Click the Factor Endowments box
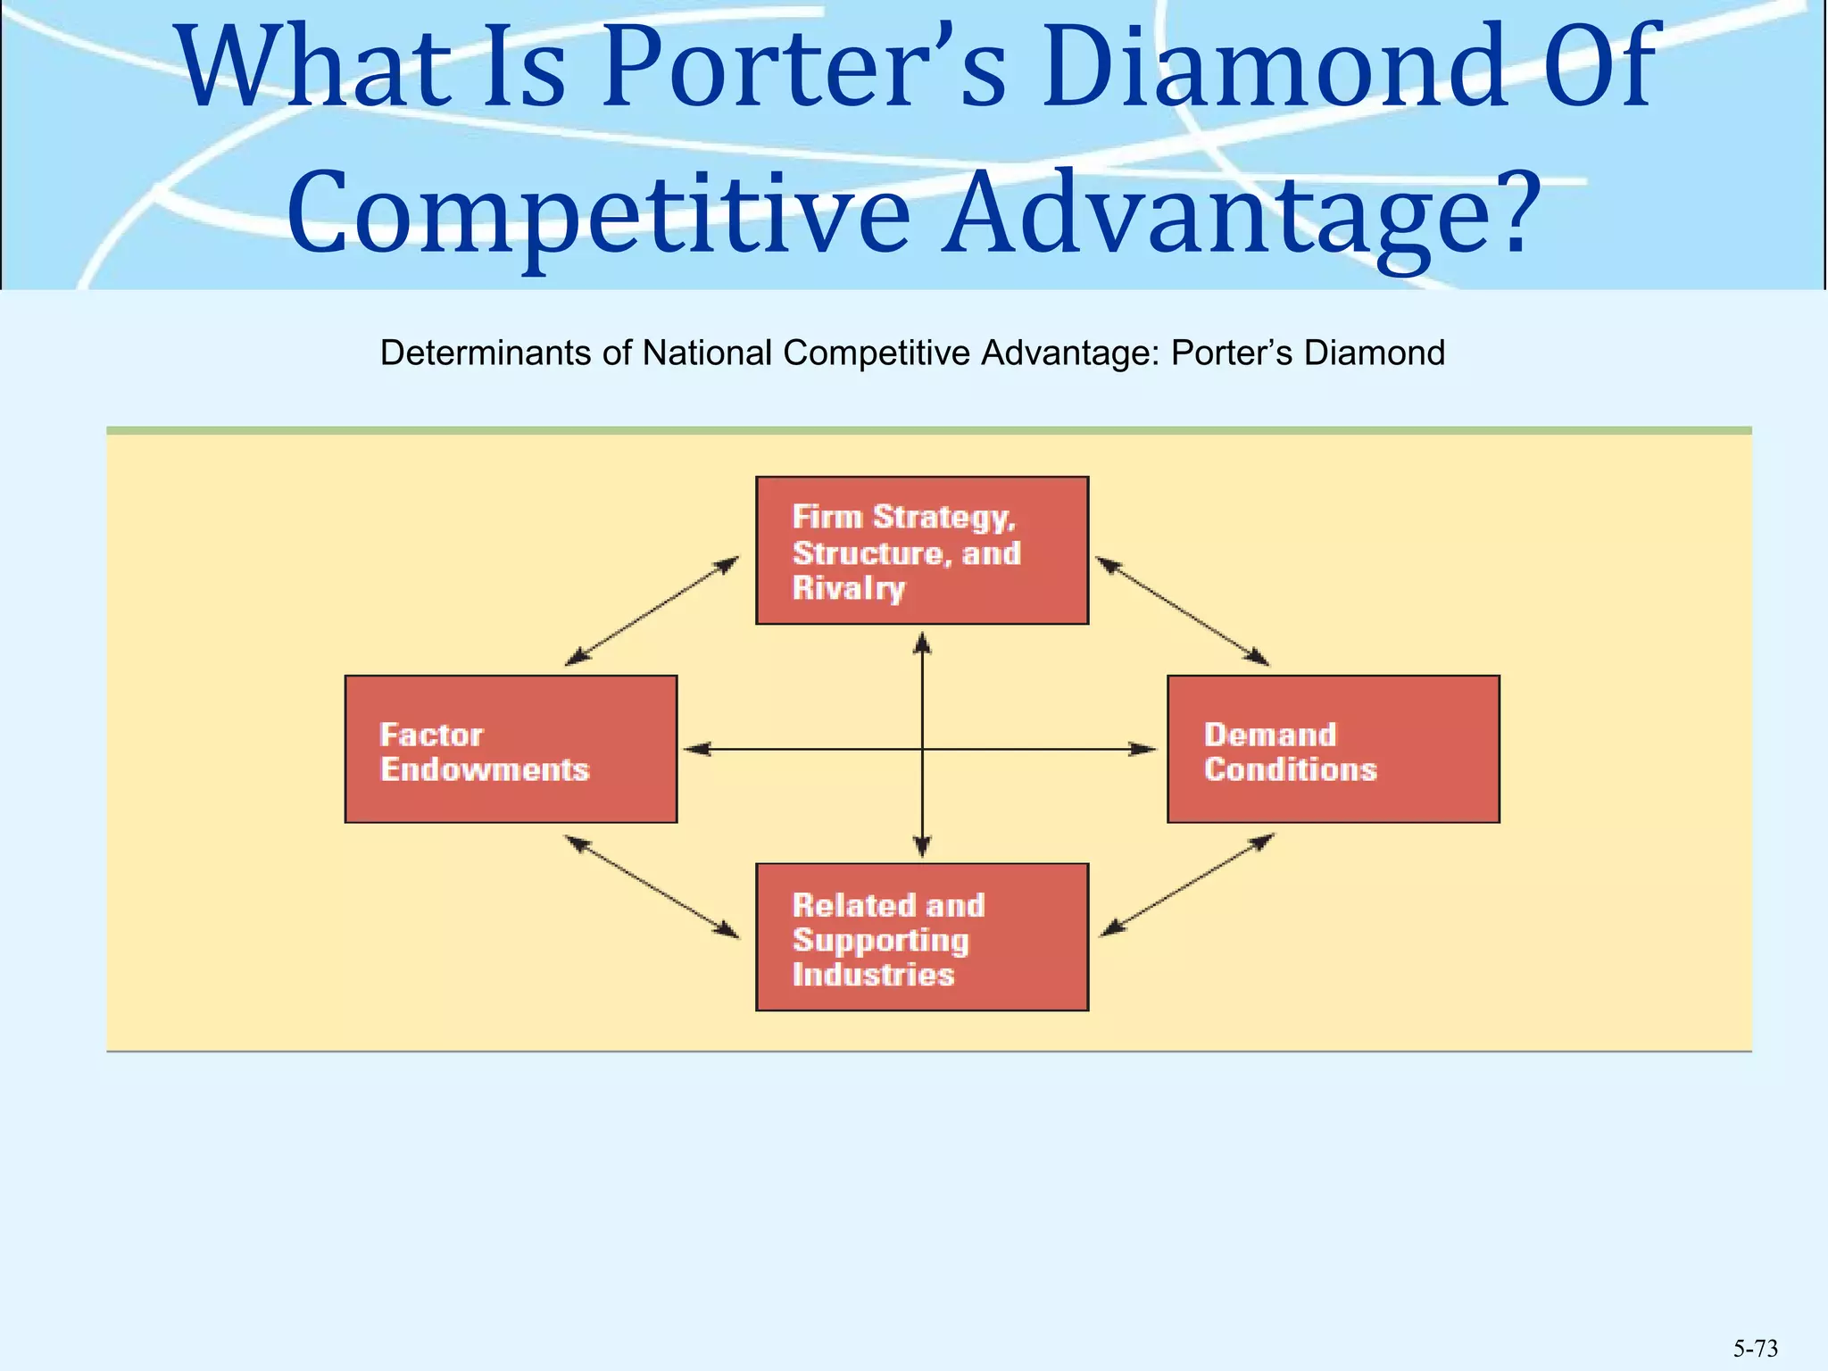click(x=511, y=749)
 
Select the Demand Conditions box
click(x=1333, y=749)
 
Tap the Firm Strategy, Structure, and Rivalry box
click(x=921, y=550)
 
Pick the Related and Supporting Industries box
click(x=921, y=936)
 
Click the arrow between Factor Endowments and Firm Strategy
click(x=652, y=611)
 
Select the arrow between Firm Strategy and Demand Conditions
click(x=1182, y=611)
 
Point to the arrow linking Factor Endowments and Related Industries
click(x=652, y=886)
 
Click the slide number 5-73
click(x=1755, y=1349)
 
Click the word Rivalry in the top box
click(x=848, y=589)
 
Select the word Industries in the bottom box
click(x=873, y=975)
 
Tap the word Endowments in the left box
click(x=485, y=769)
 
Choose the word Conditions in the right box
click(x=1290, y=769)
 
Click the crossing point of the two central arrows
click(x=922, y=749)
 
